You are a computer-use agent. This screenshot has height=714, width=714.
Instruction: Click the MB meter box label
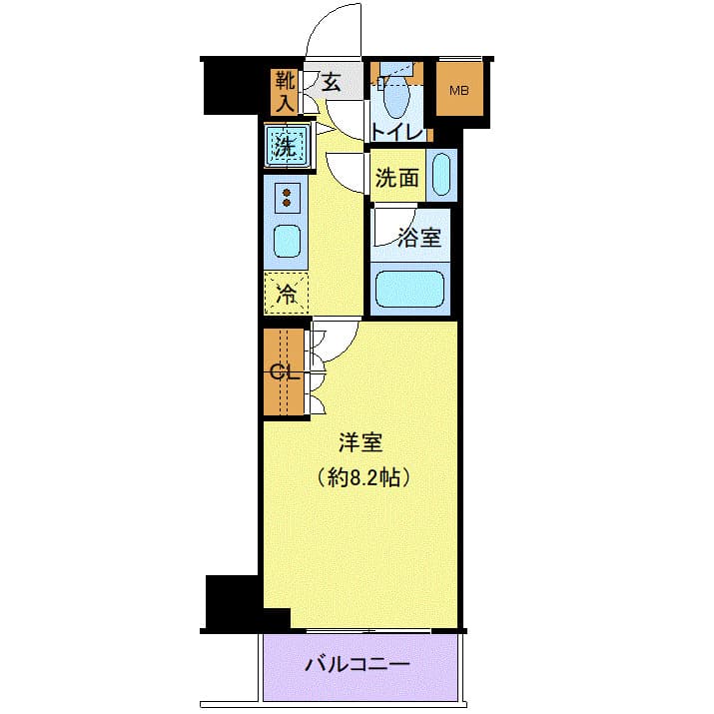(x=458, y=92)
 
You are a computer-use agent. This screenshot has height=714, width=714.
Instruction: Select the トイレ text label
(x=396, y=130)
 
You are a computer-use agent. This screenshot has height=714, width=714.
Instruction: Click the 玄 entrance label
(x=332, y=83)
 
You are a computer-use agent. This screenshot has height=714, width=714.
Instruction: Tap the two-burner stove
(x=287, y=197)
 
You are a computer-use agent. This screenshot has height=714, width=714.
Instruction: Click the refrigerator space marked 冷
(x=287, y=294)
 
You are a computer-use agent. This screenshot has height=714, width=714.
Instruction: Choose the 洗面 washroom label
(x=395, y=179)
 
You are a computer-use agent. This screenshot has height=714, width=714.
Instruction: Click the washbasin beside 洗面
(x=440, y=176)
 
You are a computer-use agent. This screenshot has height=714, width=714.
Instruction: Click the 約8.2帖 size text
(x=361, y=477)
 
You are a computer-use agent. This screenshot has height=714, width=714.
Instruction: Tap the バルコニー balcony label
(x=357, y=664)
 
